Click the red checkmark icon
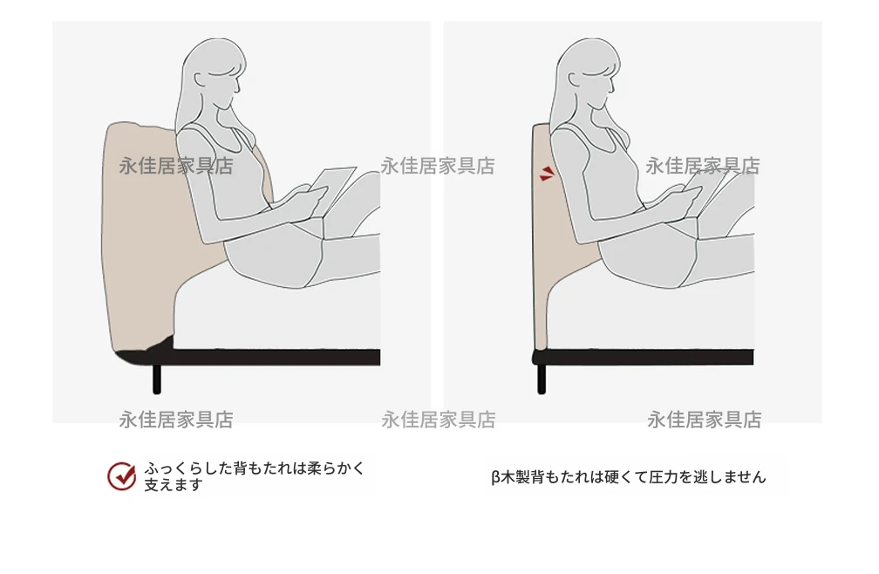pyautogui.click(x=122, y=476)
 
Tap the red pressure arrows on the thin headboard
pyautogui.click(x=547, y=174)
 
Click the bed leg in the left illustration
pyautogui.click(x=157, y=379)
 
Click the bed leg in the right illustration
pyautogui.click(x=542, y=379)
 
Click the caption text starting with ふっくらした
pyautogui.click(x=255, y=476)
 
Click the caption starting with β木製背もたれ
pyautogui.click(x=629, y=477)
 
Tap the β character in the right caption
pyautogui.click(x=495, y=477)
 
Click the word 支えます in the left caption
pyautogui.click(x=174, y=485)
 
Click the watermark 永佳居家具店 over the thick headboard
pyautogui.click(x=176, y=166)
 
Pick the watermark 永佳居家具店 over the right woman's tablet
pyautogui.click(x=703, y=166)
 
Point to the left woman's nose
pyautogui.click(x=238, y=87)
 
